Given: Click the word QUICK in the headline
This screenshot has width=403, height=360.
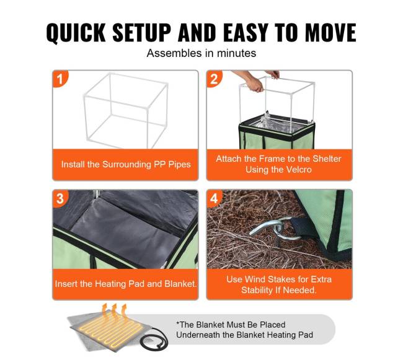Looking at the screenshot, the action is (x=76, y=33).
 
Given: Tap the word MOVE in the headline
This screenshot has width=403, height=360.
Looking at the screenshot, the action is (x=330, y=33).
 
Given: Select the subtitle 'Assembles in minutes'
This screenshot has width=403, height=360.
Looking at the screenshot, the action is (x=201, y=53).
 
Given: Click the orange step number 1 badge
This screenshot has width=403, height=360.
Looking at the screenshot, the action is (x=60, y=79).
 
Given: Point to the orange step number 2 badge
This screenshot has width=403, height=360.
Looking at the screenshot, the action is (x=214, y=79).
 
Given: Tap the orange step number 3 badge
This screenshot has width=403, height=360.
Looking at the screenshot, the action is (x=60, y=198).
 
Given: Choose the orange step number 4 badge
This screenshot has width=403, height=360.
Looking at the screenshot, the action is (x=214, y=198).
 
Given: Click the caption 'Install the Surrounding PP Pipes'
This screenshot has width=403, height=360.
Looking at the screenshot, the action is (x=126, y=164).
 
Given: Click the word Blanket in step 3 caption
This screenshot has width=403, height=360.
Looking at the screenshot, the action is (x=180, y=284).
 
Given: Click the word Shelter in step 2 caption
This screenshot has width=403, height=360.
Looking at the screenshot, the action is (x=327, y=159).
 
